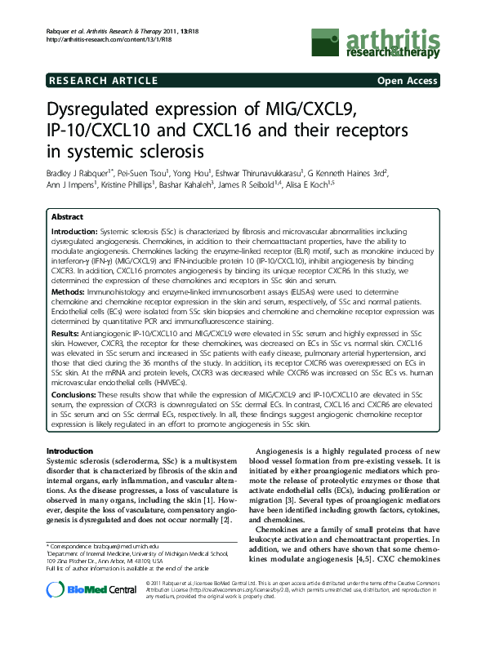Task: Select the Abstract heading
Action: pyautogui.click(x=66, y=217)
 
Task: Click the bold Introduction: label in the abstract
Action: pyautogui.click(x=74, y=232)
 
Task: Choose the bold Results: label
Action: pyautogui.click(x=66, y=335)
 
